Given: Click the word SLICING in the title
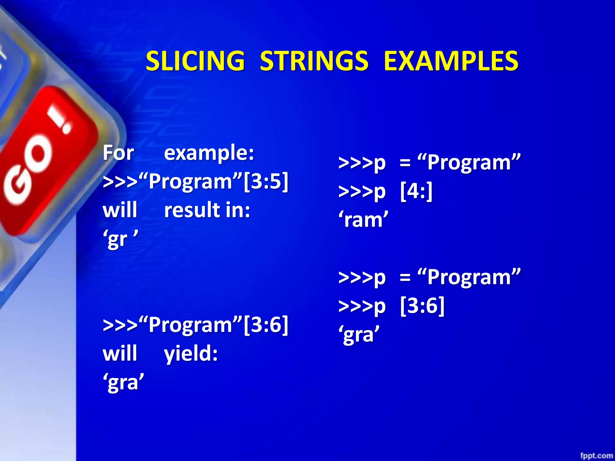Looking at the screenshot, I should (x=195, y=61).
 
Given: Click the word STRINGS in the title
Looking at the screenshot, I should (x=314, y=61).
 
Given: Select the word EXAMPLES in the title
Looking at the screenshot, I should (x=451, y=61).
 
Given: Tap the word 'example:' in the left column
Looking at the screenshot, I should (x=209, y=153).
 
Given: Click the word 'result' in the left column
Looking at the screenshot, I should (x=192, y=210).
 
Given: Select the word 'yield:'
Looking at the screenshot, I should (x=191, y=354).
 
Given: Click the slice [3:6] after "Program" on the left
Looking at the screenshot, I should (x=266, y=324).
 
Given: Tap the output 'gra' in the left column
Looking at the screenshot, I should (x=123, y=382).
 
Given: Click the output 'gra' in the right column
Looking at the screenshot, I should (x=359, y=334).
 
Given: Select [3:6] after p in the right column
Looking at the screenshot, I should (x=422, y=306).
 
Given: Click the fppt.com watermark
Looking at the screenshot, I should (x=596, y=456).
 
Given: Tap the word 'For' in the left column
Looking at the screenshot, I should (x=118, y=153).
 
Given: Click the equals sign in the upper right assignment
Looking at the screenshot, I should (x=405, y=163).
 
